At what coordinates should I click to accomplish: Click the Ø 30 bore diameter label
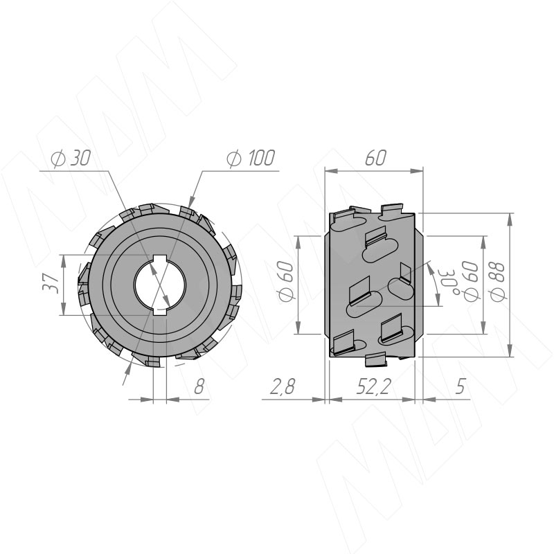click(x=71, y=158)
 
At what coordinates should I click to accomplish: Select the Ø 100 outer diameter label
click(x=251, y=158)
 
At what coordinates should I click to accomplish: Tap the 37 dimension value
click(x=51, y=283)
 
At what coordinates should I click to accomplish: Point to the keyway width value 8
click(x=199, y=386)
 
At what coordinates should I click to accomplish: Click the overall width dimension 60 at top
click(x=375, y=158)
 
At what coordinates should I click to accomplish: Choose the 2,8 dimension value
click(x=283, y=386)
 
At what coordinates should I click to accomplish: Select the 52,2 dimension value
click(x=373, y=386)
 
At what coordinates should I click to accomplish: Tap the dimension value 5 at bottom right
click(x=460, y=386)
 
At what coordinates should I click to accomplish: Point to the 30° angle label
click(x=449, y=283)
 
